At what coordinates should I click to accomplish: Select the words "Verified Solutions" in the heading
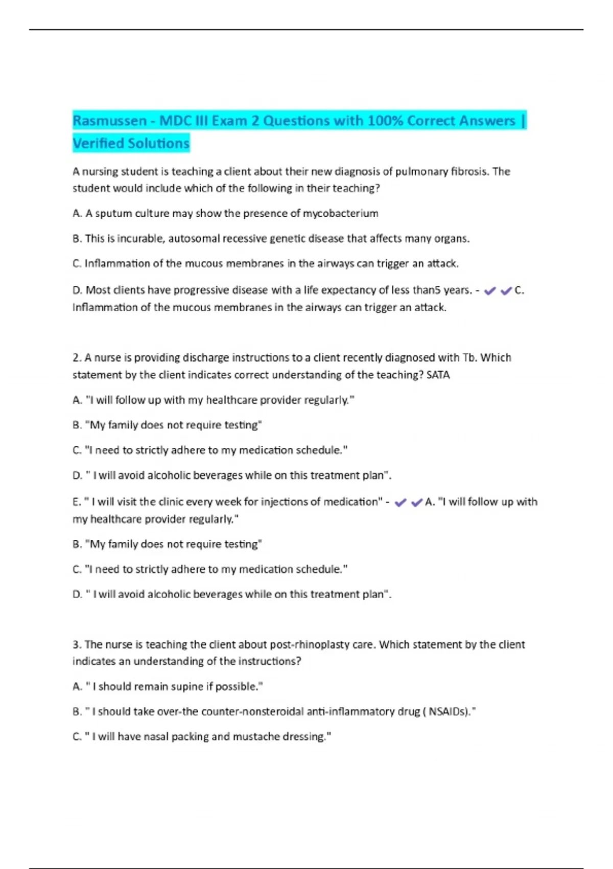(131, 144)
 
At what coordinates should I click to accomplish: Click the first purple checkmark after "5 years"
(490, 291)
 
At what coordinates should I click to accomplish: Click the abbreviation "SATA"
(438, 375)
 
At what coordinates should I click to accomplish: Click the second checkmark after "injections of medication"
(417, 502)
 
